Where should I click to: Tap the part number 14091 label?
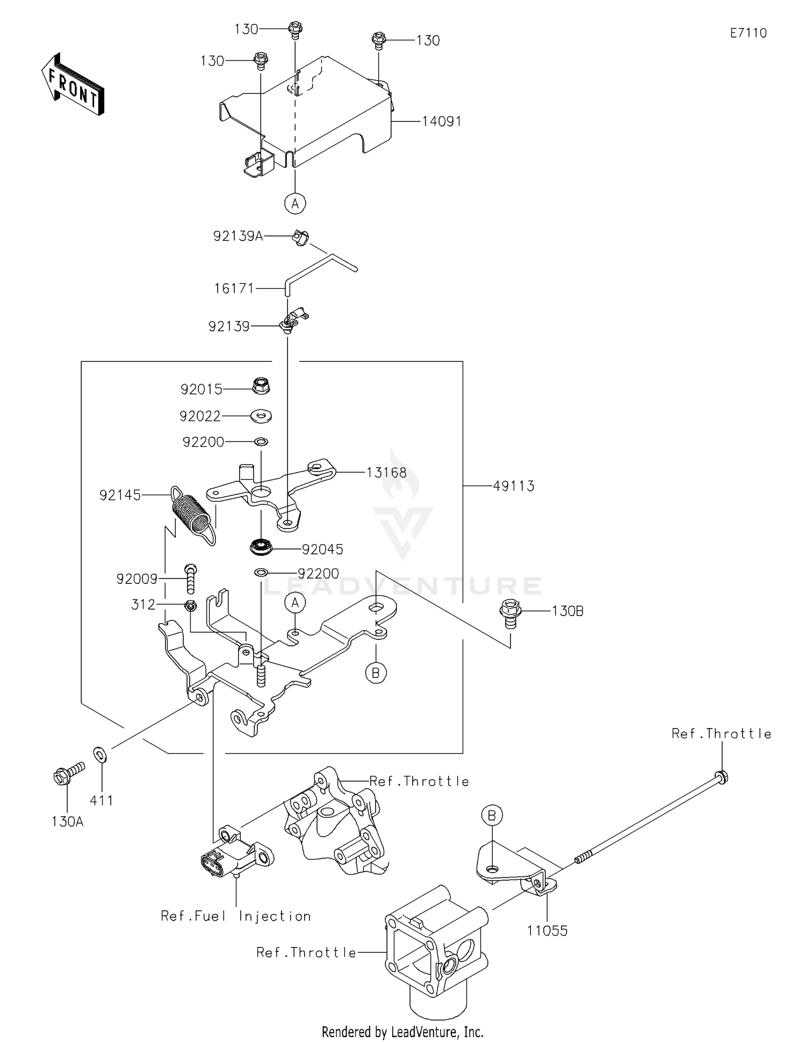(442, 122)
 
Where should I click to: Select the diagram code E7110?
(749, 33)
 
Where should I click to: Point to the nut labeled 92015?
(261, 386)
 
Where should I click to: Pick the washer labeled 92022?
(261, 415)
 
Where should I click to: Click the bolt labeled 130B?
(510, 613)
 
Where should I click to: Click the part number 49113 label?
(514, 486)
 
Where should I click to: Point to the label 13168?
(386, 473)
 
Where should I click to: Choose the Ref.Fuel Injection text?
(236, 916)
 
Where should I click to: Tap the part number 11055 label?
(547, 931)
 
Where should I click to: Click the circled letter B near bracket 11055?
(492, 816)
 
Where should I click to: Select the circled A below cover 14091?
(295, 203)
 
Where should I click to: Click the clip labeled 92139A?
(300, 237)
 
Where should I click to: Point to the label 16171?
(234, 289)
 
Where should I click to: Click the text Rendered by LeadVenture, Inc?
(402, 1032)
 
